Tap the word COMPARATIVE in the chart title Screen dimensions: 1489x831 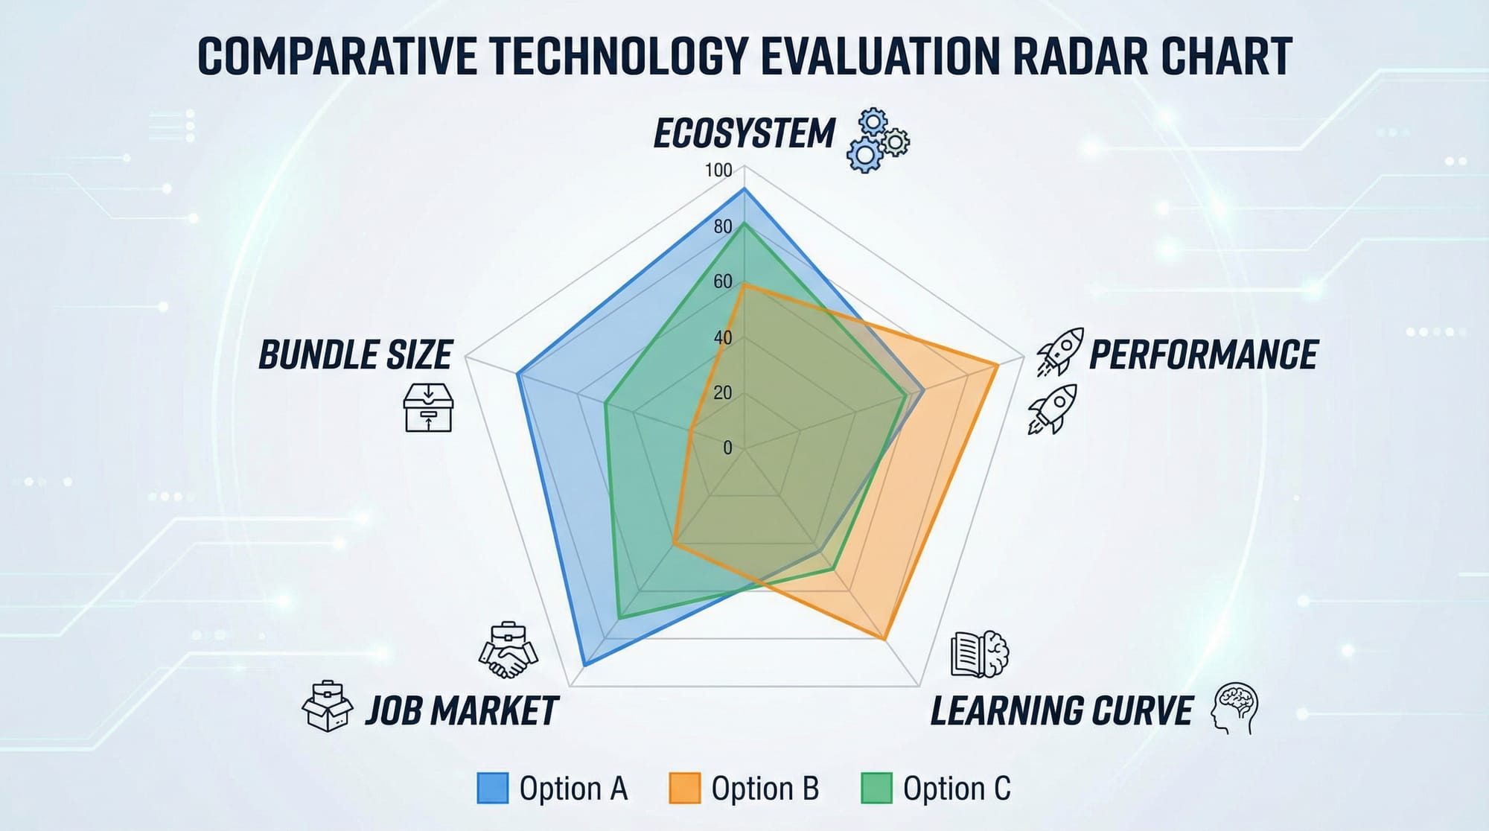tap(337, 57)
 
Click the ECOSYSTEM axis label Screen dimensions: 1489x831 tap(744, 134)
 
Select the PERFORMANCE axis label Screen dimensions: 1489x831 tap(1203, 354)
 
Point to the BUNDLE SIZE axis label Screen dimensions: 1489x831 tap(355, 354)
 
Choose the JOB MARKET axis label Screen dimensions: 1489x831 tap(462, 710)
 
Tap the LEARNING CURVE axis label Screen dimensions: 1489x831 tap(1062, 710)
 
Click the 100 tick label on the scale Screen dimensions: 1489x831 tap(719, 171)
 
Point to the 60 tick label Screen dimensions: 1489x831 tap(723, 281)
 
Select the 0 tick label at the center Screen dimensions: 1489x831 tap(727, 448)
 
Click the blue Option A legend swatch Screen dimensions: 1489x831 tap(492, 788)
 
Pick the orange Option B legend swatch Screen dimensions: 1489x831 tap(684, 788)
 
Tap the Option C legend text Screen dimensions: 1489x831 tap(957, 788)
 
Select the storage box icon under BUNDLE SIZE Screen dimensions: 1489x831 tap(428, 407)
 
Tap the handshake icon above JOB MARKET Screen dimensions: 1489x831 tap(508, 649)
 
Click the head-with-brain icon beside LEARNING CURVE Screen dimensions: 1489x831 tap(1235, 708)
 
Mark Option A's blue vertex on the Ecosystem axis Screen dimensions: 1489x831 tap(744, 191)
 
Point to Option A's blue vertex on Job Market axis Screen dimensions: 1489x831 tap(584, 664)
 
